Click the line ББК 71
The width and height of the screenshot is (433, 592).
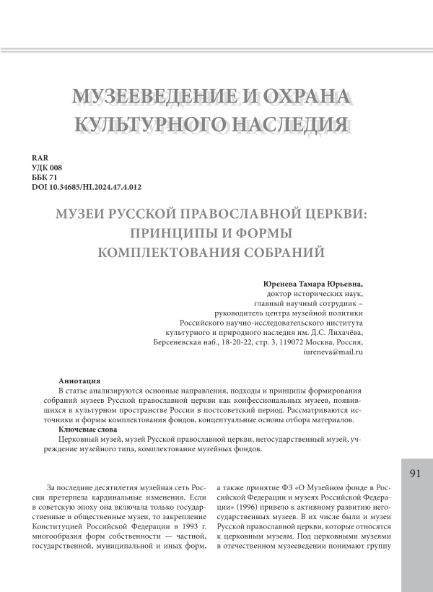tap(46, 178)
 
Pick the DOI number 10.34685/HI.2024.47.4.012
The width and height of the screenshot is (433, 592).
tap(97, 188)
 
